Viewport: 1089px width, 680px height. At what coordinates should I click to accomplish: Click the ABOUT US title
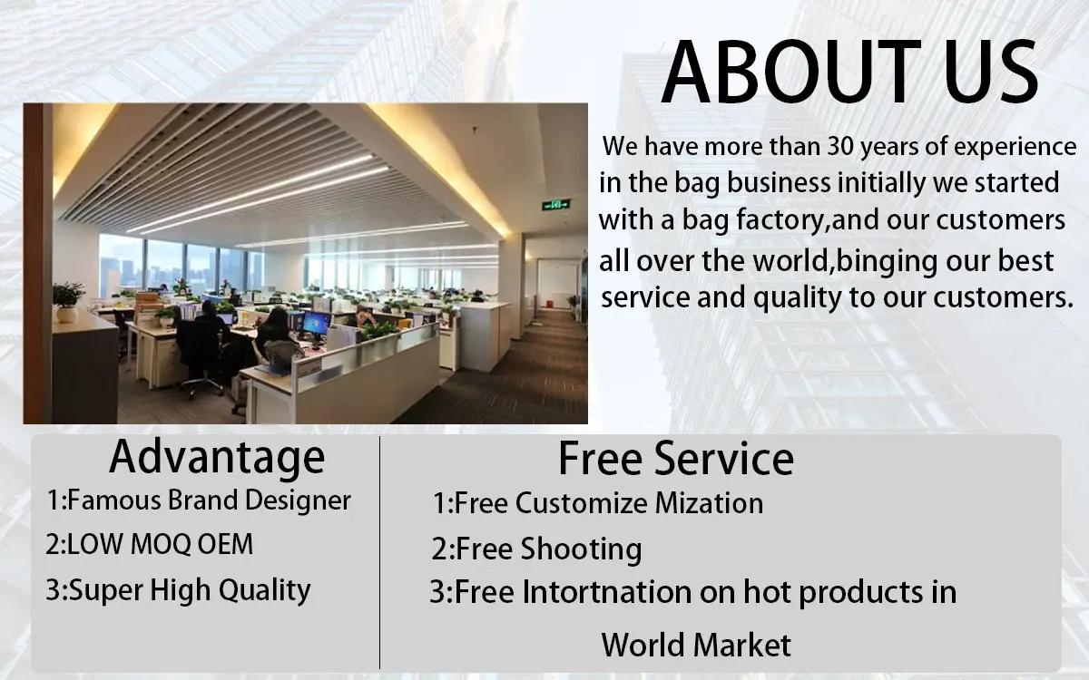(x=849, y=72)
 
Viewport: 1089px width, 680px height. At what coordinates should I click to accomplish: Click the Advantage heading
(x=217, y=458)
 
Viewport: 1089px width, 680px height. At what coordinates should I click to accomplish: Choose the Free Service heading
(x=676, y=459)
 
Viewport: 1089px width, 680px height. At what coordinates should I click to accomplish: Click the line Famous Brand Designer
(x=199, y=500)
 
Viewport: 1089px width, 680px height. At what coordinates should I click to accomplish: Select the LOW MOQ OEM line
(x=149, y=544)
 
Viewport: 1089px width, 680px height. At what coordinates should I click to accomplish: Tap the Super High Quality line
(x=178, y=590)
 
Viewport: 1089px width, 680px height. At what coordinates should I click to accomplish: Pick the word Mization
(x=709, y=503)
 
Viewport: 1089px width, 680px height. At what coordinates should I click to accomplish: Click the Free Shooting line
(x=536, y=549)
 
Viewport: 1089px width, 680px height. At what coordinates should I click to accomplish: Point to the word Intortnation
(x=607, y=593)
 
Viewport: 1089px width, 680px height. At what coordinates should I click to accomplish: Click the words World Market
(x=696, y=645)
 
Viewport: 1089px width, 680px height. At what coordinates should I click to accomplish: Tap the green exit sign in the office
(x=556, y=205)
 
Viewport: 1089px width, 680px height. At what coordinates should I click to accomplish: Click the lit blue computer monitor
(x=316, y=323)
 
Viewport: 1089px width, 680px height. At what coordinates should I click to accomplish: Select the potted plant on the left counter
(x=67, y=302)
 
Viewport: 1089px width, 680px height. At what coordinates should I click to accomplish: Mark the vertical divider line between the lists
(x=379, y=553)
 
